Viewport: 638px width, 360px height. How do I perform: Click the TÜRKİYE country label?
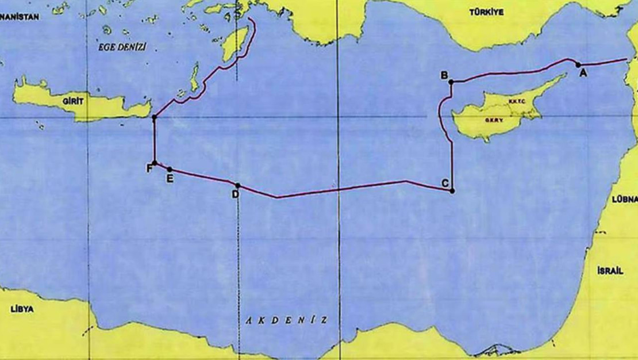pyautogui.click(x=486, y=12)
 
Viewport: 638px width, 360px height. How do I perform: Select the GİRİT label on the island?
pyautogui.click(x=74, y=101)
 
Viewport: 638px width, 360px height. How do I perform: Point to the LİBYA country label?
pyautogui.click(x=22, y=309)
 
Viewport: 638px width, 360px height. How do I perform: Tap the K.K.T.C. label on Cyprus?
pyautogui.click(x=515, y=101)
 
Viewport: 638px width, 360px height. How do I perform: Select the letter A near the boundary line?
pyautogui.click(x=583, y=73)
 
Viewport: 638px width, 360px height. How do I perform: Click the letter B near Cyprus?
pyautogui.click(x=444, y=75)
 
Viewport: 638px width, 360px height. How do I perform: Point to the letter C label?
pyautogui.click(x=445, y=183)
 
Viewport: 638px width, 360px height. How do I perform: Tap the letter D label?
pyautogui.click(x=235, y=194)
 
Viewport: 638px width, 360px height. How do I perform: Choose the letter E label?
pyautogui.click(x=170, y=178)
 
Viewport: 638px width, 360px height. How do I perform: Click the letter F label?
pyautogui.click(x=149, y=168)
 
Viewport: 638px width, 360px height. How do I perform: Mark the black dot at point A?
pyautogui.click(x=578, y=64)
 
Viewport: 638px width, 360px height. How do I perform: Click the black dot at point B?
pyautogui.click(x=451, y=82)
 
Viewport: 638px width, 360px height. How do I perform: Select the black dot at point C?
pyautogui.click(x=452, y=190)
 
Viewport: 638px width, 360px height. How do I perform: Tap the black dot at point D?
pyautogui.click(x=238, y=185)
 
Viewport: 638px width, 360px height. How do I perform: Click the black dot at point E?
pyautogui.click(x=169, y=169)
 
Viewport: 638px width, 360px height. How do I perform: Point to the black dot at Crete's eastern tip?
pyautogui.click(x=154, y=118)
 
